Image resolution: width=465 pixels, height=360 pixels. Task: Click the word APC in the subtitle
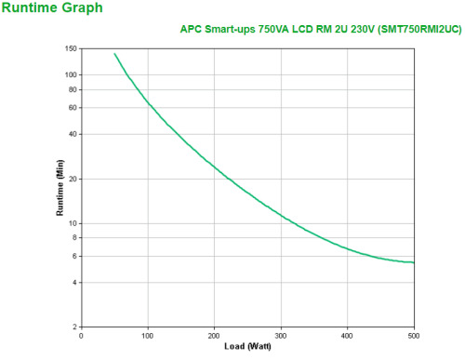[191, 29]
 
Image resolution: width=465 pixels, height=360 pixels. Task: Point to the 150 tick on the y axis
[71, 48]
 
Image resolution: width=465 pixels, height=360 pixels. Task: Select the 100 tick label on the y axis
[71, 74]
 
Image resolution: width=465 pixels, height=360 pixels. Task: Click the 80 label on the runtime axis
[73, 89]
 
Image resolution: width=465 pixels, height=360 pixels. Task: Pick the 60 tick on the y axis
[73, 108]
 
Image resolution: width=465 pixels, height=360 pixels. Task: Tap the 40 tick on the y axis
[73, 134]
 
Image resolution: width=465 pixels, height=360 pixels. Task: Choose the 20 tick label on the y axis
[73, 179]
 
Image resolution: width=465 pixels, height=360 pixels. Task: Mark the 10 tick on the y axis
[73, 223]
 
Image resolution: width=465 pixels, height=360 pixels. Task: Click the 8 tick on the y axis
[74, 238]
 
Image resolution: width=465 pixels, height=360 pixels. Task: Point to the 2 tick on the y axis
[74, 327]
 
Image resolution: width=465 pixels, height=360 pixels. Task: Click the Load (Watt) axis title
[248, 347]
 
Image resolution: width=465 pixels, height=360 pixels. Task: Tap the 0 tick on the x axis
[82, 336]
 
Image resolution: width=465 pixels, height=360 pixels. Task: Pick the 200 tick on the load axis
[215, 336]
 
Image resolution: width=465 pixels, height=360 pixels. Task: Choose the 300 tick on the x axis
[281, 336]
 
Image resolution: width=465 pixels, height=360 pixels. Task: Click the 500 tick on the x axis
[414, 336]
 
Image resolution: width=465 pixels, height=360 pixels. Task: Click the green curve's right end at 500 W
[414, 262]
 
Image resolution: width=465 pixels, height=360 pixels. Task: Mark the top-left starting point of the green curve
[114, 53]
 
